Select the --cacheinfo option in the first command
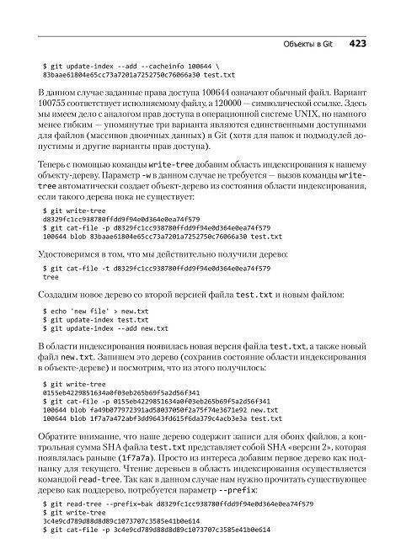tap(141, 65)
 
